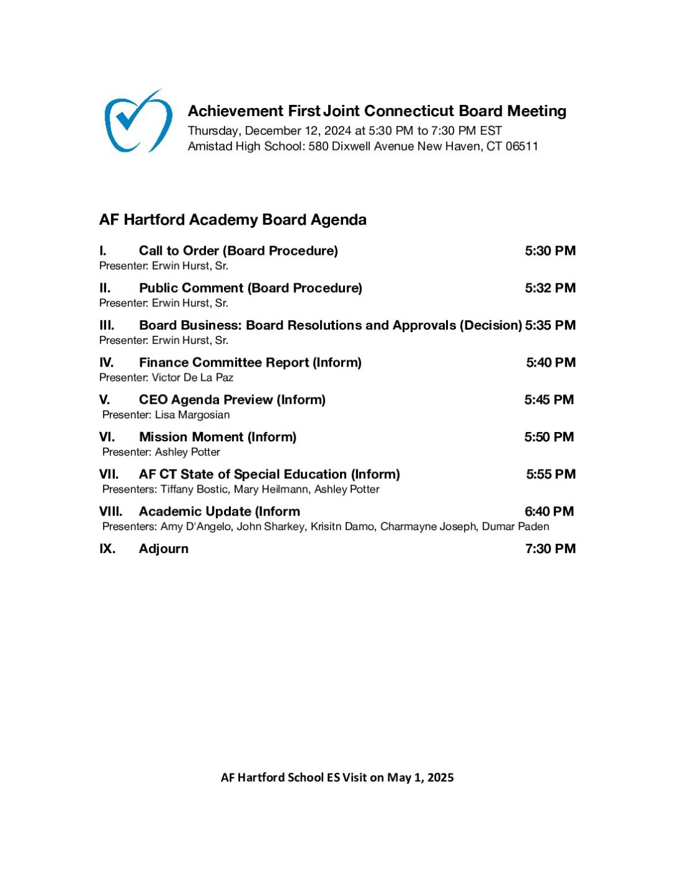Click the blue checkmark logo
click(138, 121)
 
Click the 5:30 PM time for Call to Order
click(550, 251)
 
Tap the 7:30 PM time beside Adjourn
click(550, 549)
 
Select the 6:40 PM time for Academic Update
click(549, 511)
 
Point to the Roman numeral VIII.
click(110, 511)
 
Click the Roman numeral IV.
click(106, 363)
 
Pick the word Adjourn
click(163, 549)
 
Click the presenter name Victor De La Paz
click(192, 378)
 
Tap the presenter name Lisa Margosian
click(192, 415)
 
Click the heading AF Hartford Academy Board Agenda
click(233, 220)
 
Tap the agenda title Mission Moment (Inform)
click(218, 437)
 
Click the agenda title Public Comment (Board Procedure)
click(250, 288)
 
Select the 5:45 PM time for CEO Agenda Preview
click(549, 400)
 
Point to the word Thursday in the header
click(213, 130)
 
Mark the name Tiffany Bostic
click(193, 489)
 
